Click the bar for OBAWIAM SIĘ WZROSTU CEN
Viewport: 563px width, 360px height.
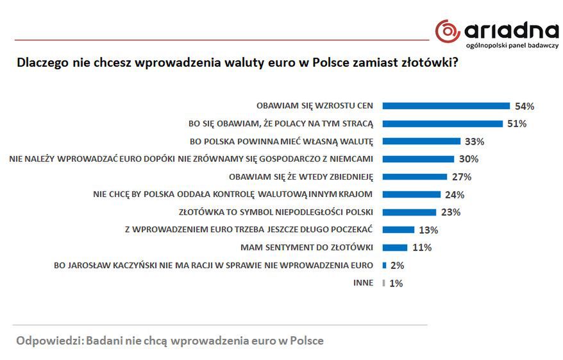coord(446,106)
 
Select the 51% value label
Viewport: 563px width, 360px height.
coord(516,124)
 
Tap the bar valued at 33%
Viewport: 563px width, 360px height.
coord(421,141)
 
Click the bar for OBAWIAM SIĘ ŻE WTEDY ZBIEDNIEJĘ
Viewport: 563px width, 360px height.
coord(414,176)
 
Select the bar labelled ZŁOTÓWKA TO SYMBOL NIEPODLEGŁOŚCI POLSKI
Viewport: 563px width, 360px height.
coord(409,212)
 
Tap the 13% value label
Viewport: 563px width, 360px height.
coord(428,230)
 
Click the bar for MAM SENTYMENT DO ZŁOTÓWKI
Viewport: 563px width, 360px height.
coord(394,247)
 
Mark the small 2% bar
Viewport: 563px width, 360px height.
coord(384,265)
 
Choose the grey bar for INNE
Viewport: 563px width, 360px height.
coord(383,282)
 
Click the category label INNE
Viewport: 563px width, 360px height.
coord(363,282)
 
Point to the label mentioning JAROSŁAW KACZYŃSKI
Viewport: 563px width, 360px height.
coord(213,265)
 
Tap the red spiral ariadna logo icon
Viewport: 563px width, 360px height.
coord(448,31)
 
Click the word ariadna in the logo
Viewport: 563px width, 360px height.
coord(510,30)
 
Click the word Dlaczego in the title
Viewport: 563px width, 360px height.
coord(40,64)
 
